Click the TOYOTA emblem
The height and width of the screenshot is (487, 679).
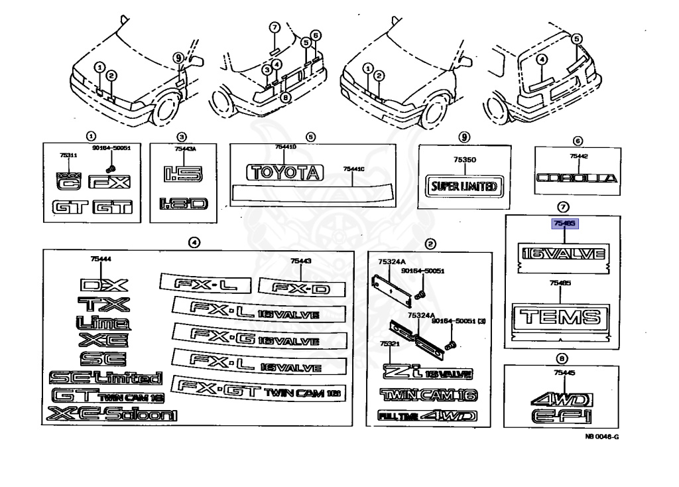pyautogui.click(x=283, y=173)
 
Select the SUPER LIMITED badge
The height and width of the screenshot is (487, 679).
pyautogui.click(x=464, y=186)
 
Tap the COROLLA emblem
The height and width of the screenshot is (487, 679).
pyautogui.click(x=576, y=178)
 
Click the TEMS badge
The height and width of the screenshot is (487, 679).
pyautogui.click(x=561, y=316)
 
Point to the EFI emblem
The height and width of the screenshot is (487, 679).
pyautogui.click(x=560, y=417)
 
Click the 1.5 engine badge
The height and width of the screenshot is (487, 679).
pyautogui.click(x=177, y=174)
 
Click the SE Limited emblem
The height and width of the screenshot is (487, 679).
pyautogui.click(x=105, y=378)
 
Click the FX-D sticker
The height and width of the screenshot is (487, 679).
pyautogui.click(x=302, y=287)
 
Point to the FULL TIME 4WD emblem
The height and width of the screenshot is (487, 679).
pyautogui.click(x=427, y=416)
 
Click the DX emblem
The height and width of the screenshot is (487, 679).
pyautogui.click(x=103, y=285)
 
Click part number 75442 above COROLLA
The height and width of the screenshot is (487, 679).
pyautogui.click(x=578, y=156)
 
